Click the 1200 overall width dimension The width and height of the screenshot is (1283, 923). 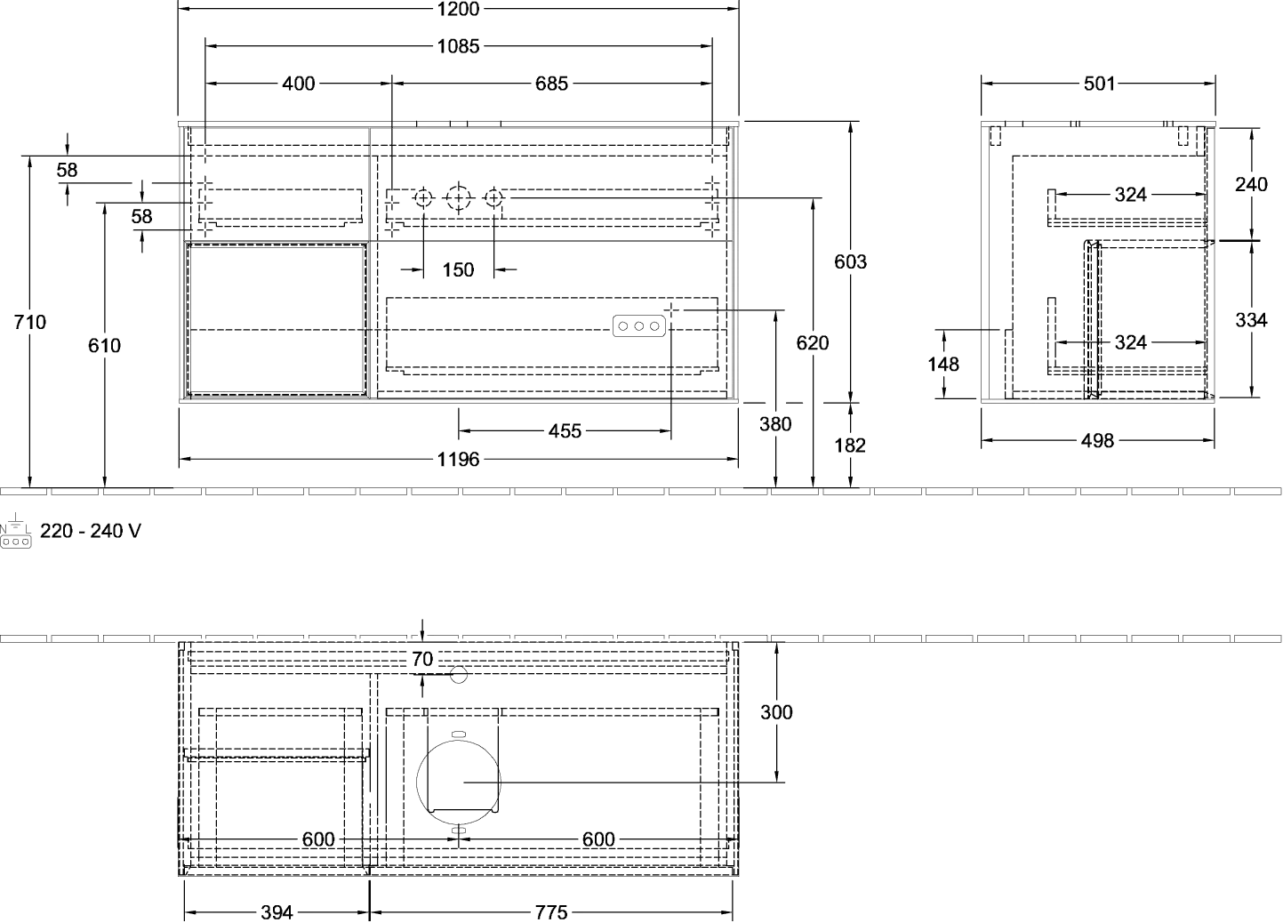coord(458,9)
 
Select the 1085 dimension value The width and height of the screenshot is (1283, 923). coord(458,46)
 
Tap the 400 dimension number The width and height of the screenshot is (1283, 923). coord(299,84)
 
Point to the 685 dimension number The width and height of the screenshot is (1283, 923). coord(551,84)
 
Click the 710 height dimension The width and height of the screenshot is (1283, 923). coord(29,323)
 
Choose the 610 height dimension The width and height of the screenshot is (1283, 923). coord(104,346)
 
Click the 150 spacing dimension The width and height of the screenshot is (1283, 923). coord(458,269)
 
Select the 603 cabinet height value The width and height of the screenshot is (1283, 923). coord(850,261)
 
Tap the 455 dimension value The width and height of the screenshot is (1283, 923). coord(565,431)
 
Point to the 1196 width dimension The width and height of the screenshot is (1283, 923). coord(458,460)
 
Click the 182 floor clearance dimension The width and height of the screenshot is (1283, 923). coord(849,445)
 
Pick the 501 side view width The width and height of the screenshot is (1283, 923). coord(1099,84)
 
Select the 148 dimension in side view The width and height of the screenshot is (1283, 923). coord(942,365)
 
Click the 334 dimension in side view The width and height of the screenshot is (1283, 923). coord(1251,320)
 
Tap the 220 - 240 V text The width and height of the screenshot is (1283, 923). coord(91,531)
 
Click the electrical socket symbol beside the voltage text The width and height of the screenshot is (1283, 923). coord(15,531)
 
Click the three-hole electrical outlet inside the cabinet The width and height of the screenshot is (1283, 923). coord(638,326)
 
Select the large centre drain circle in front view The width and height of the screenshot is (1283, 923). coord(458,198)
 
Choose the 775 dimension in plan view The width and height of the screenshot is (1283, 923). coord(551,911)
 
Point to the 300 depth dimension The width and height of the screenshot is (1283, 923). coord(776,712)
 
